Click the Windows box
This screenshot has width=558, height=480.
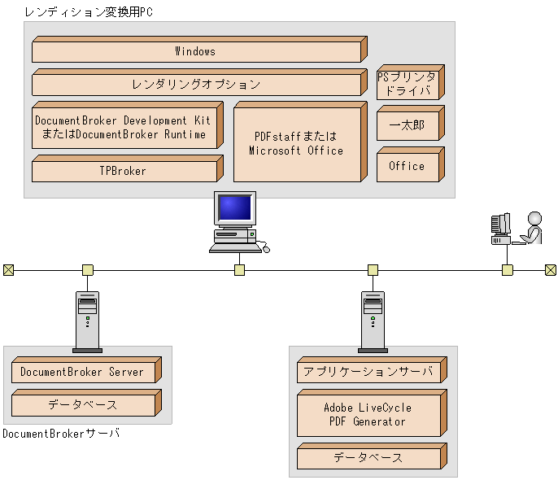coord(195,51)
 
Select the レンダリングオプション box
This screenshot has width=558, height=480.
coord(195,84)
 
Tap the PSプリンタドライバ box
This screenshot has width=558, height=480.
coord(407,84)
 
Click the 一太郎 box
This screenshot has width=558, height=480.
coord(407,125)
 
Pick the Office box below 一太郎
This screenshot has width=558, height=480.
coord(407,166)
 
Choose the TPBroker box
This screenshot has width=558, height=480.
coord(123,171)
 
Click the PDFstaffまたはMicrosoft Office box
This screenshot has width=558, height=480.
coord(296,144)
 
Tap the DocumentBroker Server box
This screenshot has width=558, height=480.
coord(82,372)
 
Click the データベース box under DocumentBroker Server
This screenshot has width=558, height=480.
coord(82,404)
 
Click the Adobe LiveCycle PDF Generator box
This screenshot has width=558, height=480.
coord(368,415)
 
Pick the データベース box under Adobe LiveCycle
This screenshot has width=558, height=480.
coord(368,458)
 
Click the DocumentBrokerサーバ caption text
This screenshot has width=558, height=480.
coord(61,434)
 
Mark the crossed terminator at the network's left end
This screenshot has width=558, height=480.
coord(8,270)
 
